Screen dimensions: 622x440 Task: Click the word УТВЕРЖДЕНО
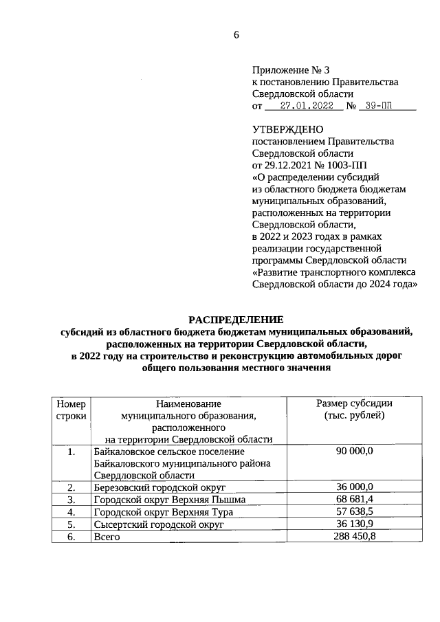point(287,129)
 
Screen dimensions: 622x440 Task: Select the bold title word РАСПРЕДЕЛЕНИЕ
point(236,320)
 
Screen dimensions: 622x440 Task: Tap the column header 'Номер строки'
point(71,410)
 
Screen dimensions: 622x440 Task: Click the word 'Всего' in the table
point(107,536)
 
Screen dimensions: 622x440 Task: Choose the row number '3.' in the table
point(71,499)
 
